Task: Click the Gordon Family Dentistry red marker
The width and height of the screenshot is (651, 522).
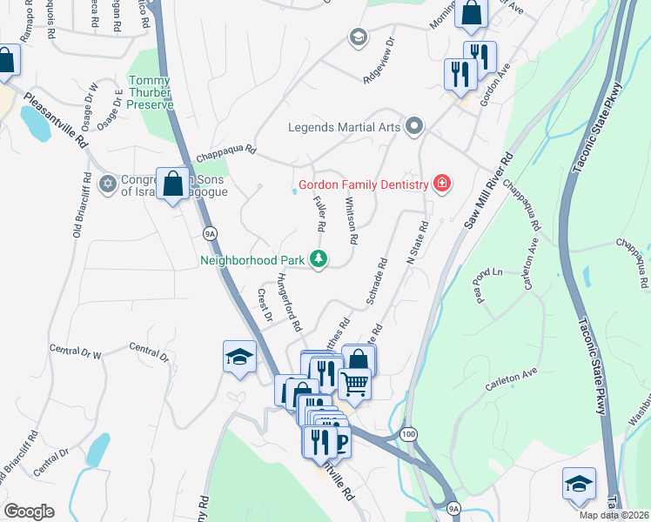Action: [x=442, y=184]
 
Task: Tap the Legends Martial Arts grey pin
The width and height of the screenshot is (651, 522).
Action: [x=414, y=127]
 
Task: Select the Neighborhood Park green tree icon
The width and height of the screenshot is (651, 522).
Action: [x=319, y=258]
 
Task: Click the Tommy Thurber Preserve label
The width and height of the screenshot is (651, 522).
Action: [x=151, y=92]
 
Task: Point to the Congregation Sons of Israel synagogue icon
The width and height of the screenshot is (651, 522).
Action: [x=108, y=183]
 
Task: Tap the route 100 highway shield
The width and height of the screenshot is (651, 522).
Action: [x=407, y=432]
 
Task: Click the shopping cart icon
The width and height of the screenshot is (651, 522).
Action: [x=354, y=382]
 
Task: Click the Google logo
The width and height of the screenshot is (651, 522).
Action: [x=29, y=511]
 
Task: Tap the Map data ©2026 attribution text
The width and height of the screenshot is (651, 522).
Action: [x=614, y=515]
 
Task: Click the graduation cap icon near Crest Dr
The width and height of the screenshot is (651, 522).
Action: [x=239, y=357]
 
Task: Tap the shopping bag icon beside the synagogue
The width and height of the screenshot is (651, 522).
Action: [x=173, y=184]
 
